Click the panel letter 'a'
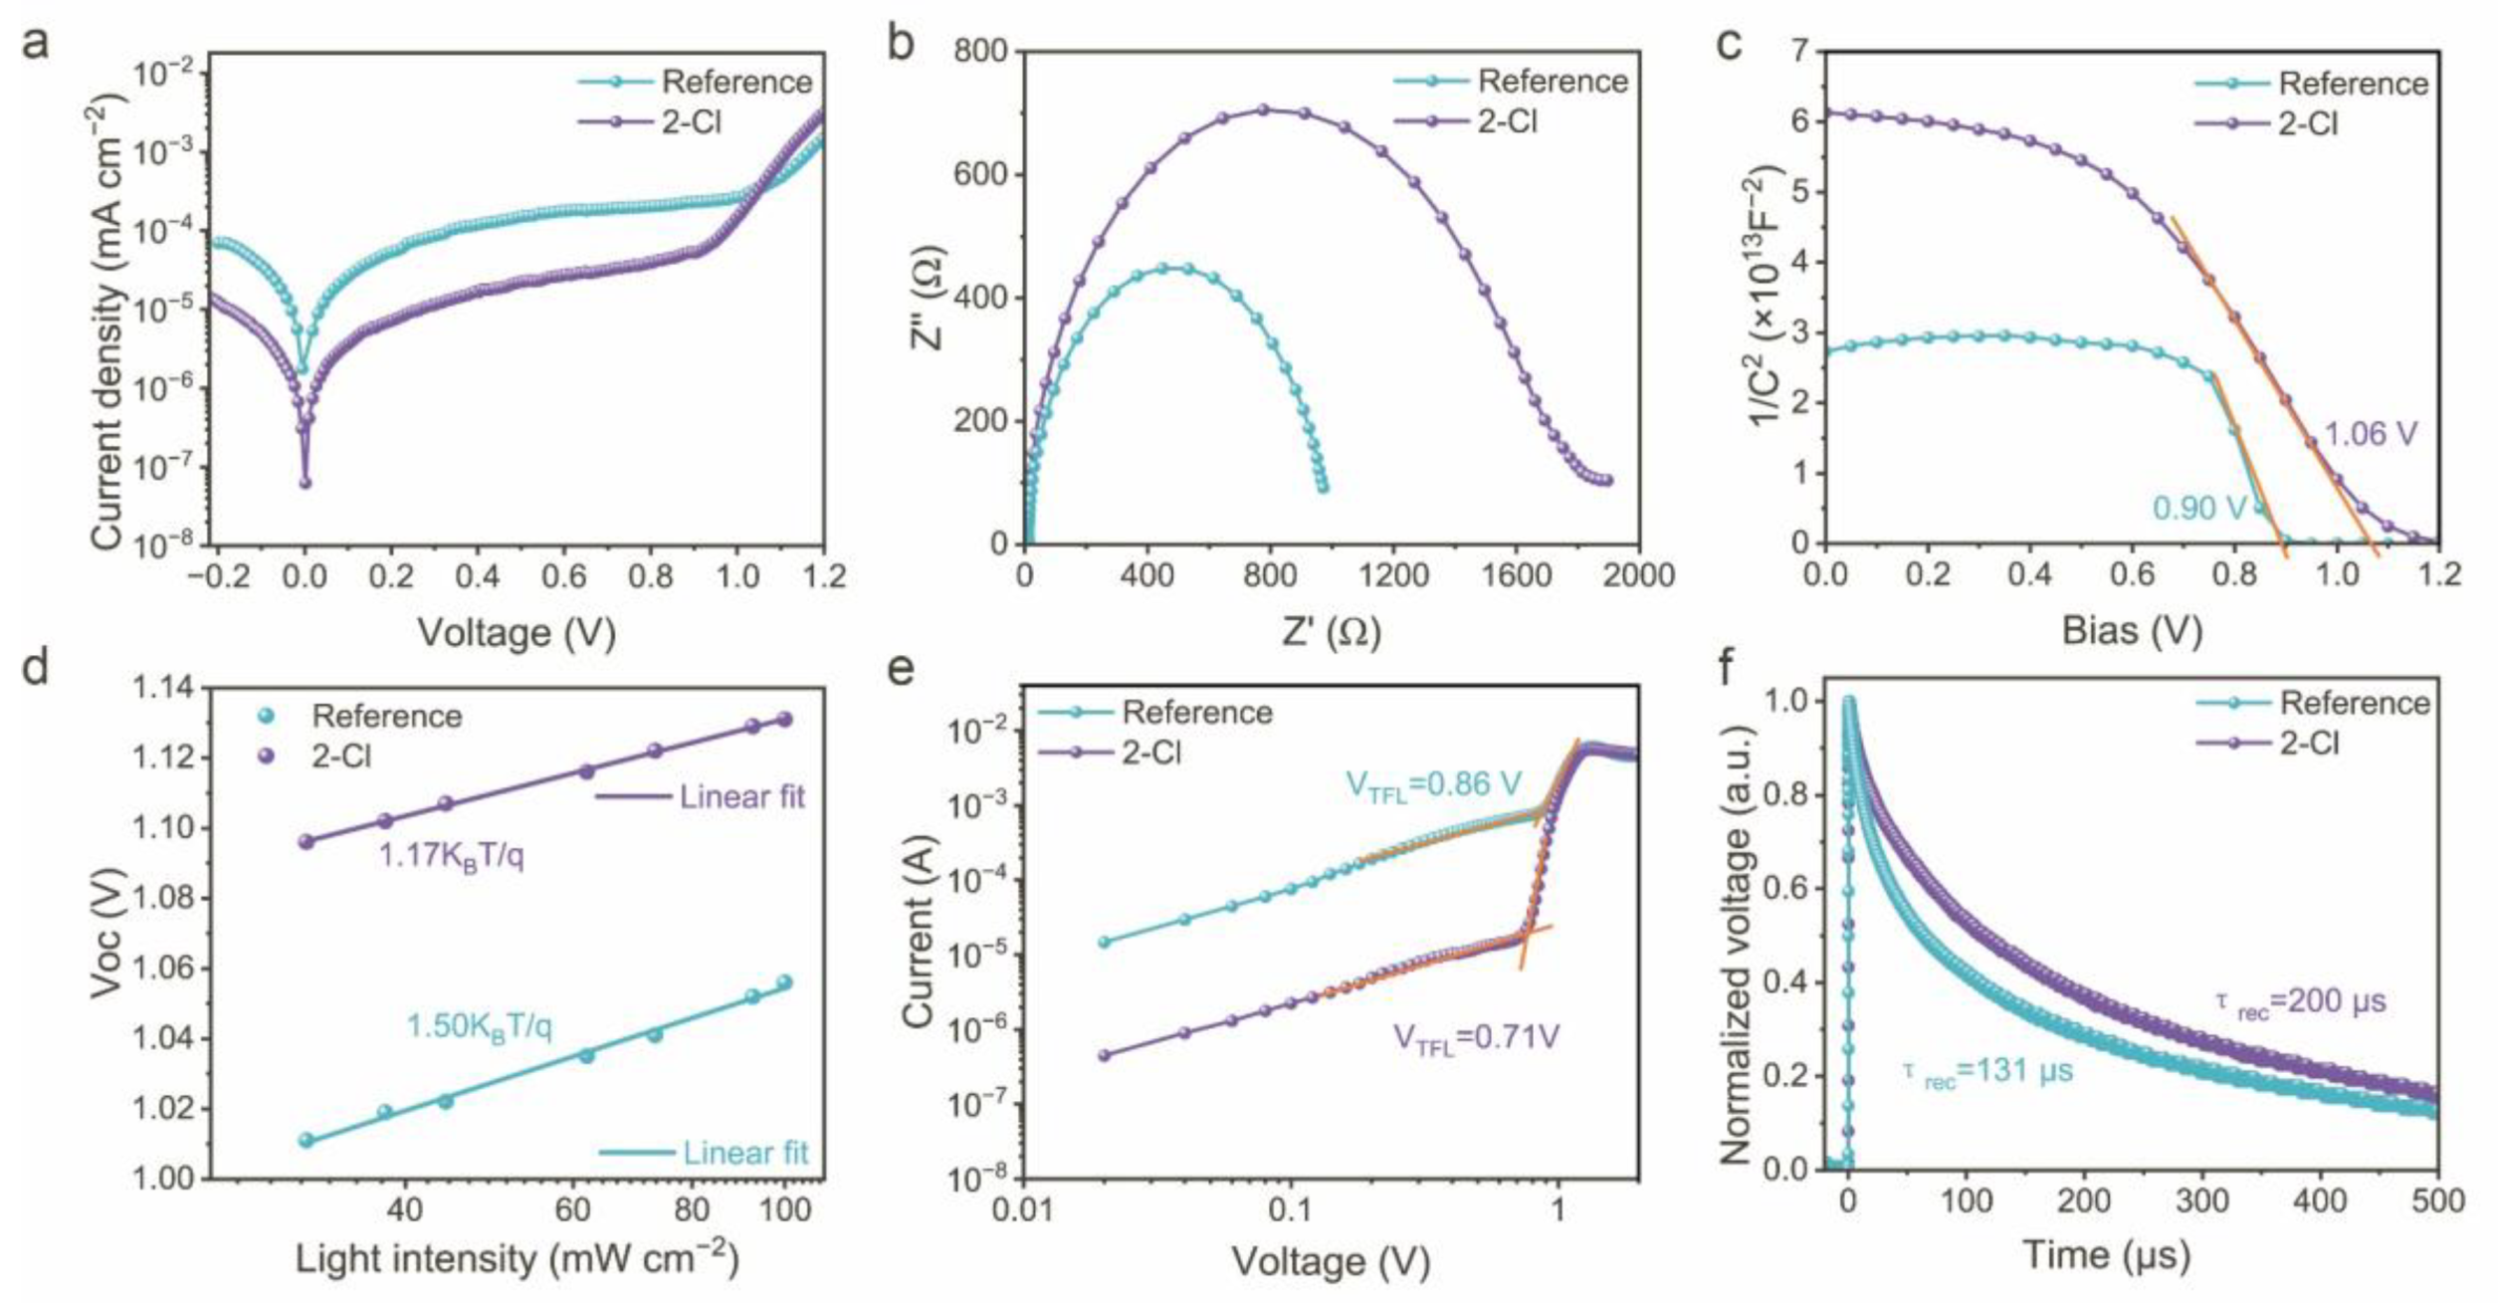pyautogui.click(x=36, y=45)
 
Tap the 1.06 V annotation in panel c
pyautogui.click(x=2370, y=435)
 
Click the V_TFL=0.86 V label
pyautogui.click(x=1433, y=785)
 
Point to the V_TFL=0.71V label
pyautogui.click(x=1475, y=1037)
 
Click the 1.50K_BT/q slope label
pyautogui.click(x=479, y=1026)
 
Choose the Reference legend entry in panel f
pyautogui.click(x=2355, y=704)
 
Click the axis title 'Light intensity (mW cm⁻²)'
pyautogui.click(x=517, y=1259)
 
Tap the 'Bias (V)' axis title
pyautogui.click(x=2131, y=630)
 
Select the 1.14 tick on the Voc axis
pyautogui.click(x=164, y=689)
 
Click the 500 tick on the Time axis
pyautogui.click(x=2437, y=1200)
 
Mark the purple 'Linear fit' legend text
pyautogui.click(x=741, y=796)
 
